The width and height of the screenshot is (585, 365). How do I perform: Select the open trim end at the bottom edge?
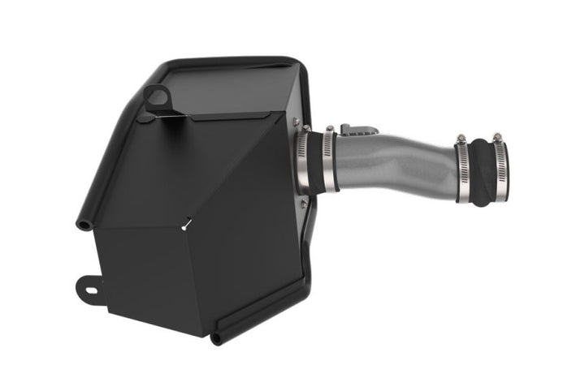219,336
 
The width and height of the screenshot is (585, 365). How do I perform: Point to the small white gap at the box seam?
186,225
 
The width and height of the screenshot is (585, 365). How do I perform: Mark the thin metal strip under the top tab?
171,119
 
